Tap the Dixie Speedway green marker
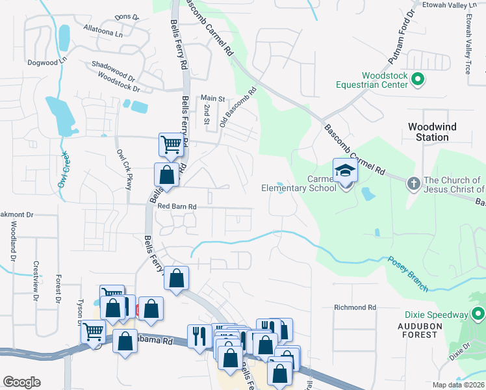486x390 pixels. pyautogui.click(x=478, y=315)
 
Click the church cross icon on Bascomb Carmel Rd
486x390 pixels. pyautogui.click(x=413, y=183)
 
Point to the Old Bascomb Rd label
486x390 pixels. pyautogui.click(x=238, y=107)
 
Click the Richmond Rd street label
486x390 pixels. pyautogui.click(x=355, y=307)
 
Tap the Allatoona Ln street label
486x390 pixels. pyautogui.click(x=103, y=32)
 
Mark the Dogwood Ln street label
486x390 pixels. pyautogui.click(x=47, y=62)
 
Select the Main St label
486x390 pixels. pyautogui.click(x=212, y=98)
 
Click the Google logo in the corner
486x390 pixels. pyautogui.click(x=21, y=382)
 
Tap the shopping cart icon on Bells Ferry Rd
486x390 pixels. pyautogui.click(x=171, y=144)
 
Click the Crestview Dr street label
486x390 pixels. pyautogui.click(x=35, y=276)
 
